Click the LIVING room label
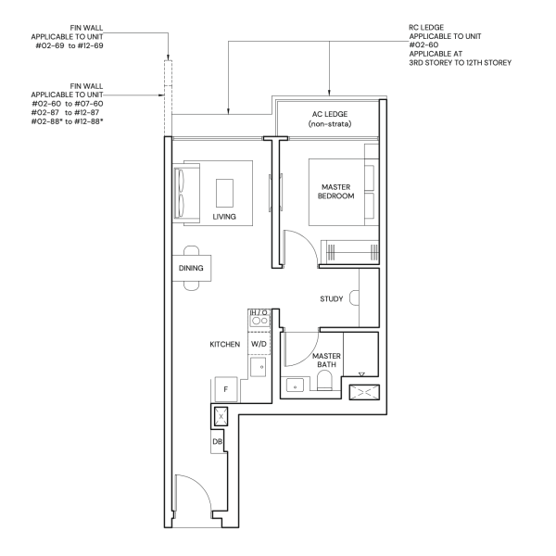[x=224, y=217]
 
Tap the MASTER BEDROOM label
[x=335, y=192]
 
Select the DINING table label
[x=191, y=268]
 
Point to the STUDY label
[x=332, y=299]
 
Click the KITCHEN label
[x=225, y=345]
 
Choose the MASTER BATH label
[x=326, y=360]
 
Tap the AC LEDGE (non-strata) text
[x=330, y=119]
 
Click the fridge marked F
[x=226, y=389]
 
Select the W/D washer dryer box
[x=259, y=344]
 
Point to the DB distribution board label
[x=218, y=442]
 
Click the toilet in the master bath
[x=324, y=380]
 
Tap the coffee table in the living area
[x=225, y=194]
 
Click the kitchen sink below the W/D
[x=259, y=367]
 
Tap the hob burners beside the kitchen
[x=259, y=321]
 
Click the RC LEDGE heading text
[x=426, y=27]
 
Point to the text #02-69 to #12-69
[x=69, y=45]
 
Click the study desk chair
[x=354, y=297]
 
